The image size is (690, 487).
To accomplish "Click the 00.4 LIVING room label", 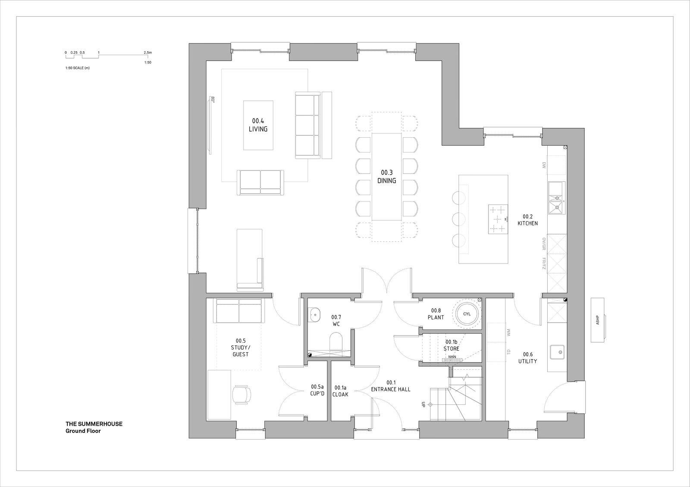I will (258, 125).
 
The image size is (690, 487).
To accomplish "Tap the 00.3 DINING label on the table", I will (386, 177).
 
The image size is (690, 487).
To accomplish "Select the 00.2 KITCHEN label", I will (527, 220).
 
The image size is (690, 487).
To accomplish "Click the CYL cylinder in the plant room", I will (467, 314).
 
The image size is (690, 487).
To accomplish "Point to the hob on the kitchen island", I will (498, 219).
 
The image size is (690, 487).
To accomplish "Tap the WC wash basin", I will (315, 314).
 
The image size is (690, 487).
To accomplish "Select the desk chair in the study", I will (241, 394).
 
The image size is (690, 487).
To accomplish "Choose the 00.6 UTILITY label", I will (527, 358).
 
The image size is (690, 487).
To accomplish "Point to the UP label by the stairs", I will (424, 404).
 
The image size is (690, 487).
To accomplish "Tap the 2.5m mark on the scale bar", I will (147, 53).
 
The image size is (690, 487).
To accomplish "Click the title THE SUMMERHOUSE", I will (94, 424).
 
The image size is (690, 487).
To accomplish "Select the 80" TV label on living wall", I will (213, 100).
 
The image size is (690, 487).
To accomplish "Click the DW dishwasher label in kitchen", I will (544, 165).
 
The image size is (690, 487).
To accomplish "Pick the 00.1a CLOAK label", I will (340, 391).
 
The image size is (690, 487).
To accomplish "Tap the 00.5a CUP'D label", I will (317, 390).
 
